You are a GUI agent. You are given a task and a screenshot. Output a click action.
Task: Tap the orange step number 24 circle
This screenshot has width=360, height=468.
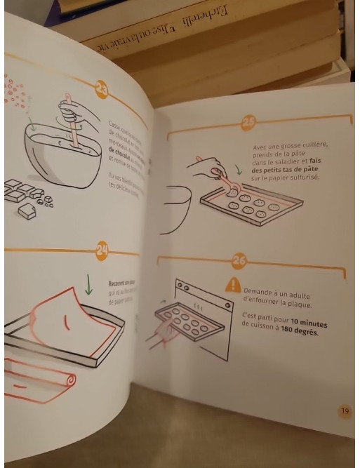click(x=102, y=248)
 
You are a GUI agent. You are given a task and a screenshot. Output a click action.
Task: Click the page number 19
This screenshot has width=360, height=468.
click(x=344, y=411)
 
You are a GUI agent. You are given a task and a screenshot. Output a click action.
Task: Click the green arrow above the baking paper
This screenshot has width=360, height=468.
click(x=88, y=283)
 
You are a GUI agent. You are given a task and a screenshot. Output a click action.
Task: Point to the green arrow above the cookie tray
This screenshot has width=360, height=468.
click(x=238, y=170)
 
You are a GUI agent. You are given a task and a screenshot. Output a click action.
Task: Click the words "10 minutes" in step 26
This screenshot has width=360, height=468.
click(x=312, y=322)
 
